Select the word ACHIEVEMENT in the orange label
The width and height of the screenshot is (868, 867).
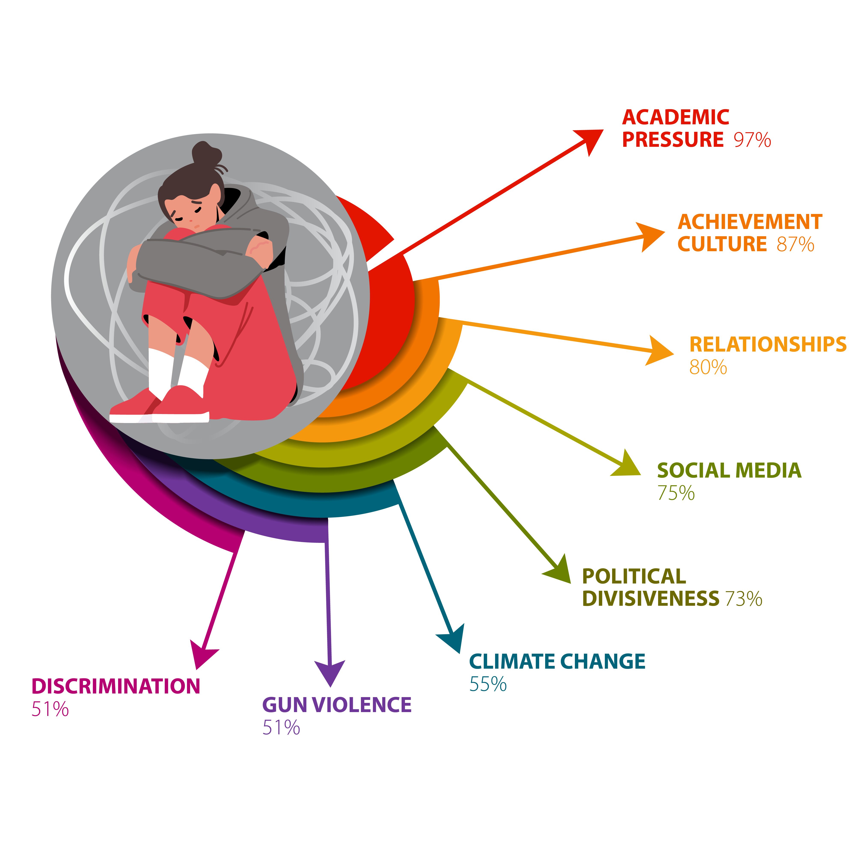(750, 222)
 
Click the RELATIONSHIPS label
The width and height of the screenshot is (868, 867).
(768, 344)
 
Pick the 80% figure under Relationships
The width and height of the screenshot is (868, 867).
(708, 367)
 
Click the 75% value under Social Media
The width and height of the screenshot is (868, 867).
(676, 493)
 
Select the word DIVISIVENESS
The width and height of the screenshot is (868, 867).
(651, 598)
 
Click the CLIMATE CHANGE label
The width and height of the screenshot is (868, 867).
(557, 662)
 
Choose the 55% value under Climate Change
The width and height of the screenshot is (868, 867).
(488, 684)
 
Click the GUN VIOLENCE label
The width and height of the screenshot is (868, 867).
(337, 705)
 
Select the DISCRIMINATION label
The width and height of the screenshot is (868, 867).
(116, 686)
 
